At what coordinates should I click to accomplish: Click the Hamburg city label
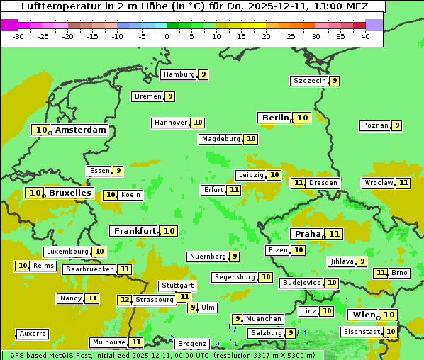pyautogui.click(x=179, y=74)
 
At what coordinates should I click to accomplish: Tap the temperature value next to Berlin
pyautogui.click(x=303, y=118)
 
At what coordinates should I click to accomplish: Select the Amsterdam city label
pyautogui.click(x=81, y=130)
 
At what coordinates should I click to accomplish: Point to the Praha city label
pyautogui.click(x=308, y=234)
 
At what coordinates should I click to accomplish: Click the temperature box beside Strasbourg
pyautogui.click(x=125, y=300)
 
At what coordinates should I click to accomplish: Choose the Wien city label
pyautogui.click(x=363, y=315)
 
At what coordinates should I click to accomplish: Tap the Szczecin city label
pyautogui.click(x=310, y=81)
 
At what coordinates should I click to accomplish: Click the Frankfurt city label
pyautogui.click(x=135, y=231)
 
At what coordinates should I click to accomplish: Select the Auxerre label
pyautogui.click(x=33, y=333)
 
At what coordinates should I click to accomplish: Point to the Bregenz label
pyautogui.click(x=192, y=344)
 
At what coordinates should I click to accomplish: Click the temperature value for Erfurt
pyautogui.click(x=234, y=190)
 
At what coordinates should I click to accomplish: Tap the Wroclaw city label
pyautogui.click(x=378, y=183)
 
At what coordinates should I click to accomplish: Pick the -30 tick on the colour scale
pyautogui.click(x=18, y=36)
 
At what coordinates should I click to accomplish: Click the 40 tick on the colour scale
pyautogui.click(x=365, y=36)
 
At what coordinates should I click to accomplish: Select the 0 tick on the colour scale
pyautogui.click(x=167, y=36)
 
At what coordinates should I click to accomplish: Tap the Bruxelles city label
pyautogui.click(x=69, y=193)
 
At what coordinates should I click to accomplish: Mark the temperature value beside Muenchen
pyautogui.click(x=238, y=319)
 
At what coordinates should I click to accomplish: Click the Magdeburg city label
pyautogui.click(x=221, y=139)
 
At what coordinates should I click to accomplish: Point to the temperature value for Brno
pyautogui.click(x=381, y=273)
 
